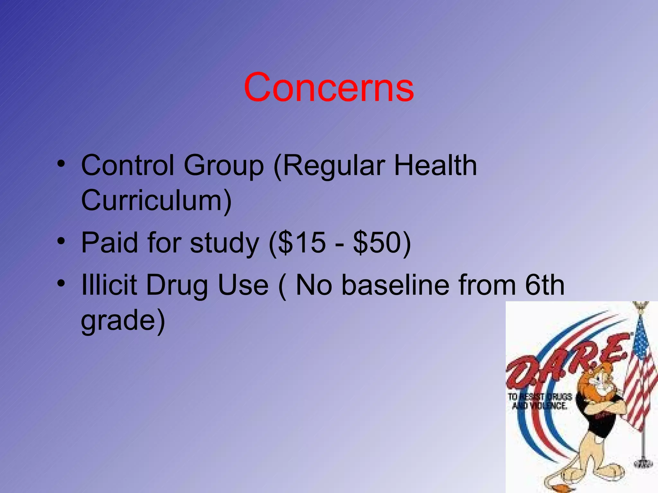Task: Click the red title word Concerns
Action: tap(329, 87)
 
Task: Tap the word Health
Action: tap(435, 165)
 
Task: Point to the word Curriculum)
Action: tap(156, 201)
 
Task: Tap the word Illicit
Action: tap(110, 285)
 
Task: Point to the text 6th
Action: tap(544, 285)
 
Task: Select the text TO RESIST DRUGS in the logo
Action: tap(540, 397)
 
